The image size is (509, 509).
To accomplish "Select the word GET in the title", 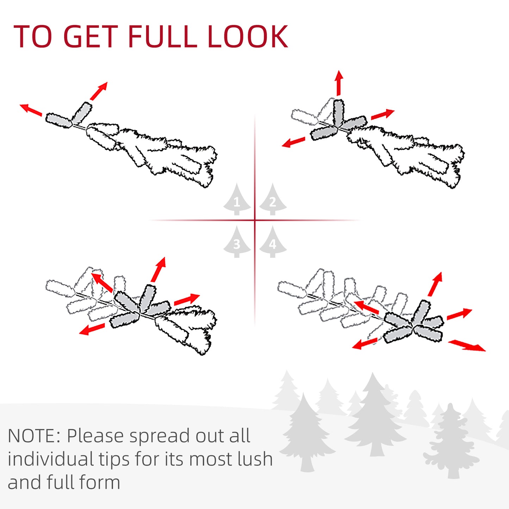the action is [91, 36].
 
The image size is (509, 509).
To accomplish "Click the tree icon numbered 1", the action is [237, 199].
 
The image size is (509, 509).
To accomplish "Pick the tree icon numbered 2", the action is [273, 199].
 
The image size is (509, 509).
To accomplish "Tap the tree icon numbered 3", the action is [237, 242].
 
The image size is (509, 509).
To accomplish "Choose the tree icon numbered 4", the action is [273, 242].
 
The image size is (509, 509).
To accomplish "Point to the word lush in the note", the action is [255, 459].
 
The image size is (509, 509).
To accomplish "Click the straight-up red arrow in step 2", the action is [339, 83].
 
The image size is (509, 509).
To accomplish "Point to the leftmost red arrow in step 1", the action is [31, 110].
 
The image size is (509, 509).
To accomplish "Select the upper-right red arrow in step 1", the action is [99, 91].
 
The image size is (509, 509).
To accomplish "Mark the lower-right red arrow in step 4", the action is [467, 346].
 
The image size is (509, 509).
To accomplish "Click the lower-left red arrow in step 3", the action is [92, 329].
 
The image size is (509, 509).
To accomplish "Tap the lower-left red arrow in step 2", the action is [293, 142].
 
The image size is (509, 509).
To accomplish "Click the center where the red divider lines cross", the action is [255, 220].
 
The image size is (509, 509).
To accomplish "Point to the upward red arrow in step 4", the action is [435, 284].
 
